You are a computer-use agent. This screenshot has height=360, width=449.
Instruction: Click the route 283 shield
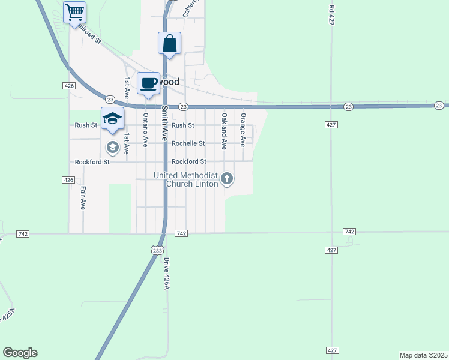pos(157,250)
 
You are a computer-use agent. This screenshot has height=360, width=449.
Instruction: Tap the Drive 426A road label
pos(167,274)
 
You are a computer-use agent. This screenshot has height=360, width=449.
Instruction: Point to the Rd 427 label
pos(331,15)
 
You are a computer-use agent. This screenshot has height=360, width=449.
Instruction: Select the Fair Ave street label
pos(83,197)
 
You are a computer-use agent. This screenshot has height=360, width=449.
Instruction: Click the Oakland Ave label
pos(224,130)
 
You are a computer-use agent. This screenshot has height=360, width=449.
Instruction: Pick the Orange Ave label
pos(243,130)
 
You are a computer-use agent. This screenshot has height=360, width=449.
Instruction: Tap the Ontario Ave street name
pos(145,130)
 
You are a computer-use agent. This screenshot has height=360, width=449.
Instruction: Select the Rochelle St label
pos(188,143)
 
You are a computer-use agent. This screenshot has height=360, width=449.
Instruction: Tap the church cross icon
pos(227,178)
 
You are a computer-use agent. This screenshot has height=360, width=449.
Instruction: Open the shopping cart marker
pos(74,13)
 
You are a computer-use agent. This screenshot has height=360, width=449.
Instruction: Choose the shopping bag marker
pos(169,43)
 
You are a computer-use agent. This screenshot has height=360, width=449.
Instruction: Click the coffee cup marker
pos(148,83)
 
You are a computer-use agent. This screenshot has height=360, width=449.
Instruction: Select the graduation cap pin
pos(112,118)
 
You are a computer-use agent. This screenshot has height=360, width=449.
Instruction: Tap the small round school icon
pos(112,147)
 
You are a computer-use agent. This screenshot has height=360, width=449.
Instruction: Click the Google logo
pos(20,353)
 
